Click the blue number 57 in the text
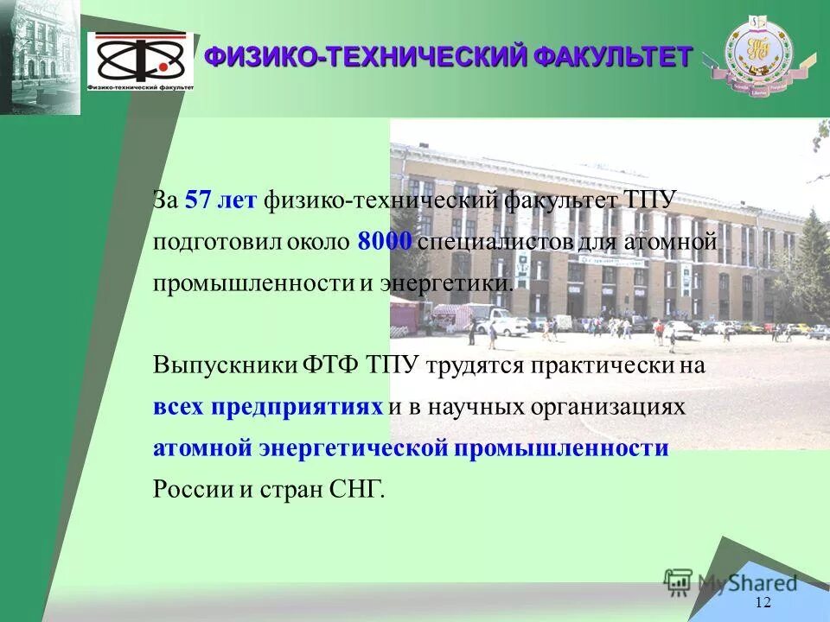[198, 200]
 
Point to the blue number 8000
[385, 242]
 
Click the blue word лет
[237, 200]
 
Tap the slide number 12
[763, 602]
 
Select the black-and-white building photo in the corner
[40, 57]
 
